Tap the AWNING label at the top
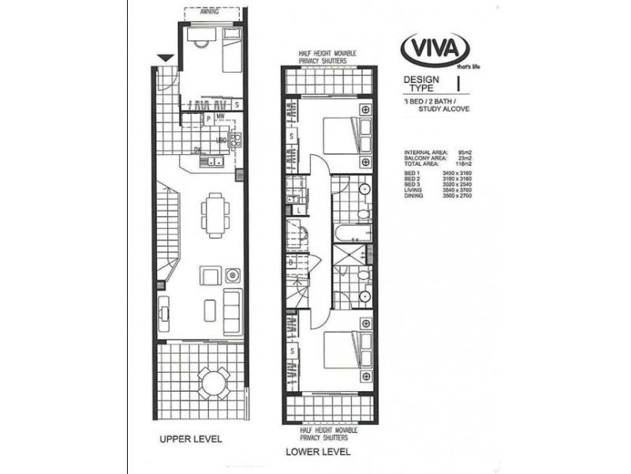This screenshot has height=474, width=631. (209, 13)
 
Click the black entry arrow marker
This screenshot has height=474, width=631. (165, 58)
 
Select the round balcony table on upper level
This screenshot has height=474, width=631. (214, 382)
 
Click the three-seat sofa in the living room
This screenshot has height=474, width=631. (232, 311)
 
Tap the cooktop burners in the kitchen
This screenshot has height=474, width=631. (235, 141)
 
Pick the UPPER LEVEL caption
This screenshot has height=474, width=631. (190, 438)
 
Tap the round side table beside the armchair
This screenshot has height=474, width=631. (233, 276)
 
